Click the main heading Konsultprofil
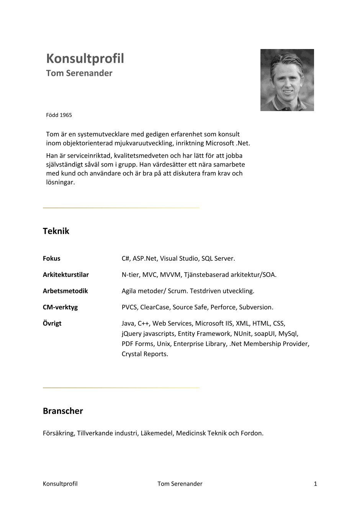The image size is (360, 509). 85,59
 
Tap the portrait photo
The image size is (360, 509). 287,80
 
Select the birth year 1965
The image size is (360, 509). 65,115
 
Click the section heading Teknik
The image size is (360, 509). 56,231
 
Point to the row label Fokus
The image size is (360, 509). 51,259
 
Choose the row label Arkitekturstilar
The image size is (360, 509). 65,275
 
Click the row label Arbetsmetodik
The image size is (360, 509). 65,291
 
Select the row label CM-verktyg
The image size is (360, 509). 60,307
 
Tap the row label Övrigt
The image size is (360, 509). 52,323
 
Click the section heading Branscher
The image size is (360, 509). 63,411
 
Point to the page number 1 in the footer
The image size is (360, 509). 315,484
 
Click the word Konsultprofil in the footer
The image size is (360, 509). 60,484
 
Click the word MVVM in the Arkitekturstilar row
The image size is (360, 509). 170,275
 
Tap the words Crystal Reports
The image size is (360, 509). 145,354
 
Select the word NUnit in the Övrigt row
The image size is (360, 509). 242,334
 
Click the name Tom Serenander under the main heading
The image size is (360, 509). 79,73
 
